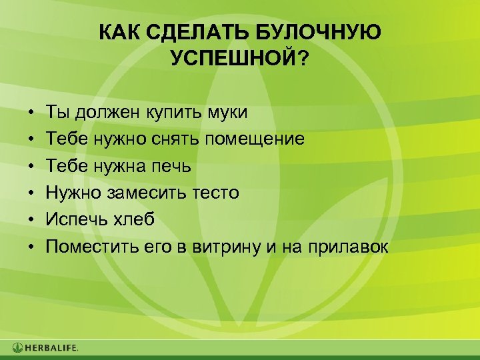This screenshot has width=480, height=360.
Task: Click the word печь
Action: pyautogui.click(x=179, y=165)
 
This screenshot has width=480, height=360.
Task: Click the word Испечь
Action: pyautogui.click(x=73, y=219)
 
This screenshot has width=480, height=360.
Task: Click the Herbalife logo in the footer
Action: pyautogui.click(x=45, y=347)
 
